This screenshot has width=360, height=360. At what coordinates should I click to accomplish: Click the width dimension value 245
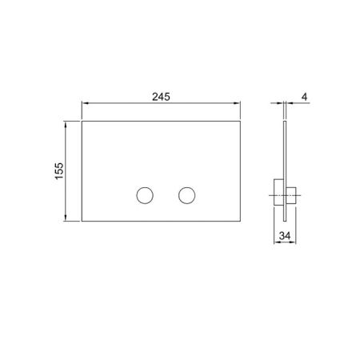pyautogui.click(x=163, y=96)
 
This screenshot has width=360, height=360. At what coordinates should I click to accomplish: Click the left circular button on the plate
pyautogui.click(x=146, y=194)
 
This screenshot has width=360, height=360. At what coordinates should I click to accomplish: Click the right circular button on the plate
pyautogui.click(x=186, y=194)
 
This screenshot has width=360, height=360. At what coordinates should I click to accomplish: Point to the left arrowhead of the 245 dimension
pyautogui.click(x=84, y=104)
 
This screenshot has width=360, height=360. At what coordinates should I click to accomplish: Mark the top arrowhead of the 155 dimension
pyautogui.click(x=66, y=124)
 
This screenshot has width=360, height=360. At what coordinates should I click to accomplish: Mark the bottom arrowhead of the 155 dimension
pyautogui.click(x=66, y=220)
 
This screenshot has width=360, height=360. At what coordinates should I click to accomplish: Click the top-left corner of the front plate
pyautogui.click(x=82, y=122)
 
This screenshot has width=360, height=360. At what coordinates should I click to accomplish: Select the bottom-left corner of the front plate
pyautogui.click(x=82, y=222)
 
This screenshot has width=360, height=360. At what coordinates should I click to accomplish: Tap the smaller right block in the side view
pyautogui.click(x=291, y=194)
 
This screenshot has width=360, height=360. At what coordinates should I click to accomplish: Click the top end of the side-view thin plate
pyautogui.click(x=285, y=122)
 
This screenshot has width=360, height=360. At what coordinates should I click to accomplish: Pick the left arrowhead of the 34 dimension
pyautogui.click(x=276, y=244)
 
